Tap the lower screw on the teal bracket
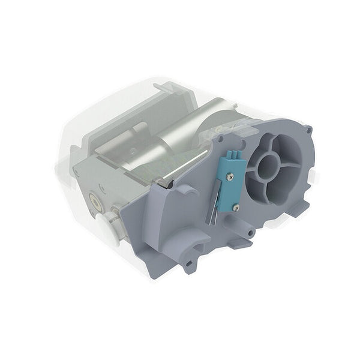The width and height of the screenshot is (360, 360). [235, 207]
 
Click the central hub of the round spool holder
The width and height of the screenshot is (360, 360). [268, 169]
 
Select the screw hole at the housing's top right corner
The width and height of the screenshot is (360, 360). [307, 129]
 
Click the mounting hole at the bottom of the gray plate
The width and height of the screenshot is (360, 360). [188, 263]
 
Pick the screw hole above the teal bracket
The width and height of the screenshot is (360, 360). [221, 137]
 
